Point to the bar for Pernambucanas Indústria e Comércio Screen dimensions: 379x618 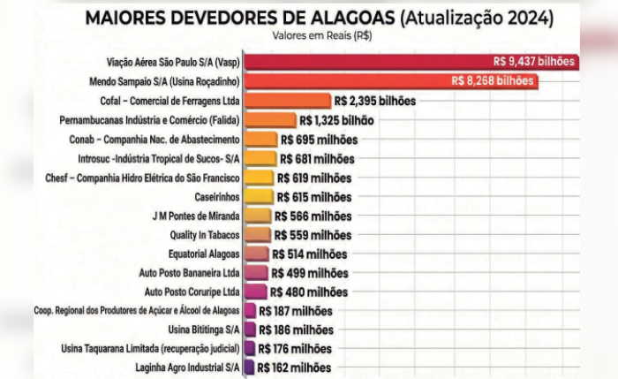click(x=270, y=119)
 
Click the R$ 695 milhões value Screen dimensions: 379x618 click(x=320, y=140)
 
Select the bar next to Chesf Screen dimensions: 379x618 click(x=260, y=178)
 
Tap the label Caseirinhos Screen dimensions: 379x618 click(x=217, y=197)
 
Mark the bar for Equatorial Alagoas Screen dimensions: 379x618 click(x=257, y=254)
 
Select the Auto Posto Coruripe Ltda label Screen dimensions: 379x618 click(x=192, y=292)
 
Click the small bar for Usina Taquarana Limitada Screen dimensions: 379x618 click(x=250, y=348)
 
